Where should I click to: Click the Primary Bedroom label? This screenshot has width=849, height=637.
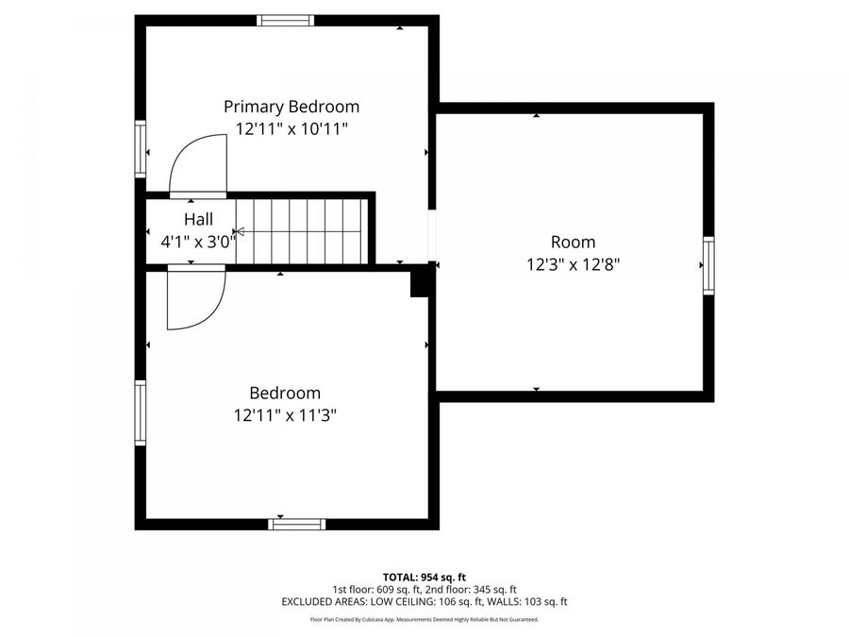tap(291, 107)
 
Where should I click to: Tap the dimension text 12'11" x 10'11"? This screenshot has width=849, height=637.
tap(291, 129)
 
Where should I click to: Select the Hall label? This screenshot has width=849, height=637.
tap(198, 219)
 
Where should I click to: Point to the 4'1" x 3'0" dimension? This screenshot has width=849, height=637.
tap(198, 242)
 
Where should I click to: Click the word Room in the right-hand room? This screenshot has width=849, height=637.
tap(573, 242)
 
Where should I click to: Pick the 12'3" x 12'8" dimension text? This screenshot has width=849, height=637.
tap(573, 264)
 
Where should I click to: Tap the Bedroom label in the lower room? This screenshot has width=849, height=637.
tap(285, 393)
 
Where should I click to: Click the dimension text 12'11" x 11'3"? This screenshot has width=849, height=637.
tap(285, 415)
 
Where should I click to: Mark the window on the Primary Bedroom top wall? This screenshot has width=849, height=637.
tap(285, 21)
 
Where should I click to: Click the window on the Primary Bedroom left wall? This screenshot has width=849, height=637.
tap(141, 149)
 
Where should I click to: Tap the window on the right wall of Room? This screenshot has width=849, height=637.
tap(708, 265)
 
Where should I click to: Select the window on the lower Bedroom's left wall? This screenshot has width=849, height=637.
tap(141, 412)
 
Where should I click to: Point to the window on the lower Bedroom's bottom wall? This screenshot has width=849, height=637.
tap(297, 525)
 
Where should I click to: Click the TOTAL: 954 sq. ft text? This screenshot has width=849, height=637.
tap(424, 578)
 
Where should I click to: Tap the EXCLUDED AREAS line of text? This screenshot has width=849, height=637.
tap(424, 602)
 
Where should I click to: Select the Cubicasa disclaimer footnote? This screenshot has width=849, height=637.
tap(424, 620)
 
